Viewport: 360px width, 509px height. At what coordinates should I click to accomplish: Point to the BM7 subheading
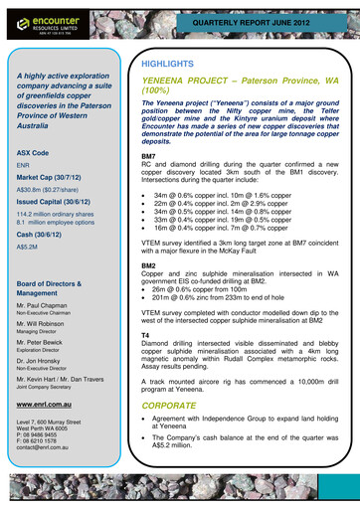pos(148,157)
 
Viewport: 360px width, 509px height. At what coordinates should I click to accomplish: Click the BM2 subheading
pos(148,266)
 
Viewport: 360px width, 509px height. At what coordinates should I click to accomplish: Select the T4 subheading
pos(145,336)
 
